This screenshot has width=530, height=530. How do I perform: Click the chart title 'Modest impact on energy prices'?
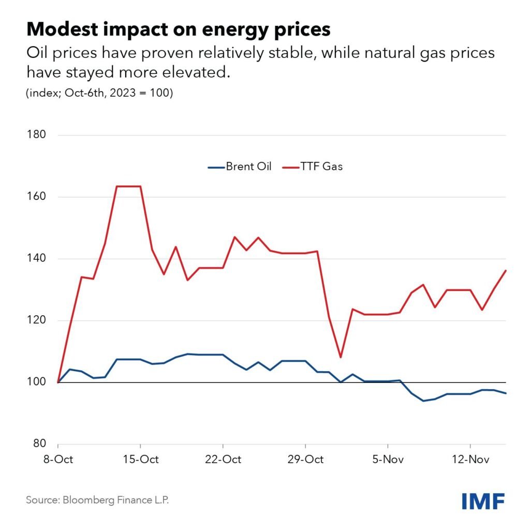(x=178, y=30)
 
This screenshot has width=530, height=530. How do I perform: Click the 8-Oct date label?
(x=58, y=460)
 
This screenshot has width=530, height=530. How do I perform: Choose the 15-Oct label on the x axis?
(x=140, y=460)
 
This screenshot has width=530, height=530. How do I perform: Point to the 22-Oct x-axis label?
(x=223, y=460)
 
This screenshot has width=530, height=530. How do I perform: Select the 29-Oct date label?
(x=305, y=460)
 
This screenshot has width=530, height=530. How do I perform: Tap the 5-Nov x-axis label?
(x=387, y=460)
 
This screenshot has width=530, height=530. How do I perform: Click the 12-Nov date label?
(x=469, y=460)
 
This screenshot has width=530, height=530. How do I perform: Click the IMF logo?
(x=483, y=500)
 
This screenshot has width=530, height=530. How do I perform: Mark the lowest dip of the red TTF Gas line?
(x=341, y=357)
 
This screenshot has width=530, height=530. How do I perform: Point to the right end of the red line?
(x=506, y=270)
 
